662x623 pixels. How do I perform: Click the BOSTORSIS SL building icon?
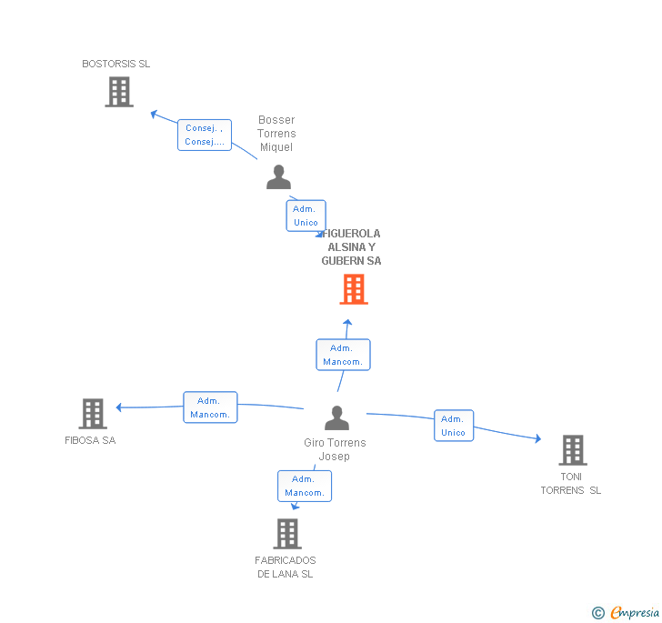[x=119, y=92]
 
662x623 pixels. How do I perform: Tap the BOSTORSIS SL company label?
[x=116, y=65]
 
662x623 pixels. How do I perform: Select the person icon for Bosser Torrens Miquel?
[x=278, y=177]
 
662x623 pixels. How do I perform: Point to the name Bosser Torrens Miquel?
[x=277, y=134]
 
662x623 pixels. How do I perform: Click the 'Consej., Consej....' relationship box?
[x=205, y=135]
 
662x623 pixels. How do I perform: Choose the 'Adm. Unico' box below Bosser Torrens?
[x=306, y=216]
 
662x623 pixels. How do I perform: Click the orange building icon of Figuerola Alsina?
[x=354, y=289]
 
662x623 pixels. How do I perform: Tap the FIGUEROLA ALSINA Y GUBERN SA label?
[x=352, y=247]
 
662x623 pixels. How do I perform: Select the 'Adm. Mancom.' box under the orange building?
[x=343, y=355]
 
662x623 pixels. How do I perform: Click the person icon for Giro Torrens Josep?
[x=336, y=418]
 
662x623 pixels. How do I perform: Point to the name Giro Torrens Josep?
[x=335, y=449]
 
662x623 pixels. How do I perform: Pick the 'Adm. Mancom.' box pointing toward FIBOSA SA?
[x=210, y=407]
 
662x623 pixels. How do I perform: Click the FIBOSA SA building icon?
[x=93, y=414]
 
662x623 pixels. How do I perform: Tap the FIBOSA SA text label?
[x=90, y=441]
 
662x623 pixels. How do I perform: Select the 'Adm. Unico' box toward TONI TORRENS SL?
[x=454, y=426]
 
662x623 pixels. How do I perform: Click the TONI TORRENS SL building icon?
[x=572, y=449]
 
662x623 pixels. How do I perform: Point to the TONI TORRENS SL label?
[x=571, y=484]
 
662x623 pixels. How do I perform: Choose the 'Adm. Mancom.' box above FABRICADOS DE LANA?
[x=305, y=486]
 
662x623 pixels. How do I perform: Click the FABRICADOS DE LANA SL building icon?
[x=287, y=534]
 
